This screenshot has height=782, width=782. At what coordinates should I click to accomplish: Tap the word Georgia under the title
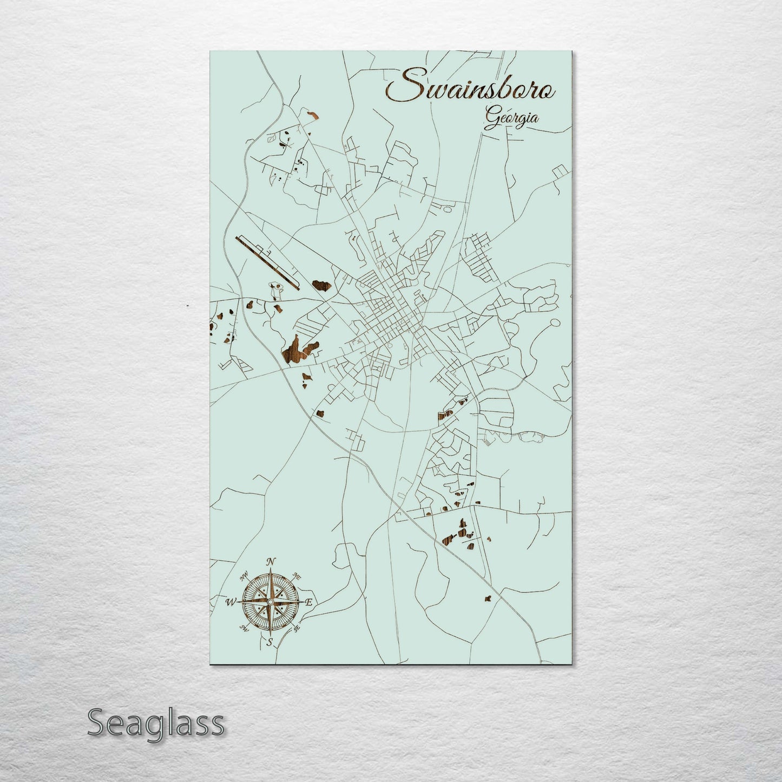(511, 118)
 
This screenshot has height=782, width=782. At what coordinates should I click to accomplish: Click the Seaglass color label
(155, 722)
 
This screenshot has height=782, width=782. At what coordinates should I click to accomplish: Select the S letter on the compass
(269, 642)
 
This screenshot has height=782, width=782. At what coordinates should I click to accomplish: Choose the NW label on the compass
(244, 575)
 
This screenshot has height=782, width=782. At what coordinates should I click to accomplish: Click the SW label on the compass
(244, 628)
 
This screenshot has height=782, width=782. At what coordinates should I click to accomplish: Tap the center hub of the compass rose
(270, 602)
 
